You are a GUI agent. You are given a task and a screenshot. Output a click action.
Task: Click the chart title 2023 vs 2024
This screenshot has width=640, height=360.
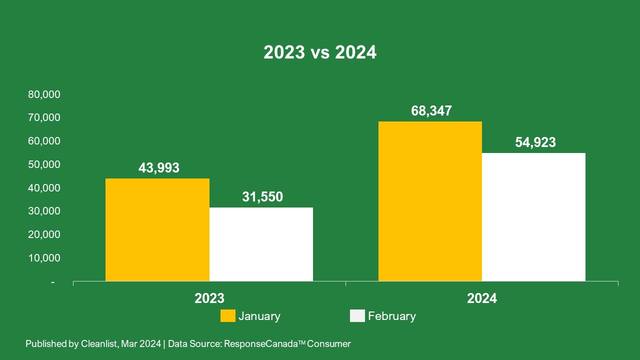tap(320, 52)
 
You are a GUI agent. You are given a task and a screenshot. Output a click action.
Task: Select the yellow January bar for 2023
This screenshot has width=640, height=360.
tap(157, 230)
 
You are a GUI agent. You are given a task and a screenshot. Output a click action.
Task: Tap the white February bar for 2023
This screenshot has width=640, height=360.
tap(261, 244)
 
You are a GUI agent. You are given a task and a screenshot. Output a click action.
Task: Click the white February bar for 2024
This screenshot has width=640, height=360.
tap(533, 217)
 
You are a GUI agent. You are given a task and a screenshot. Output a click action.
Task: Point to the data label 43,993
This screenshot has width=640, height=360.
tap(158, 168)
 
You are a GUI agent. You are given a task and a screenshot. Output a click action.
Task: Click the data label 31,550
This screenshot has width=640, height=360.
tap(262, 197)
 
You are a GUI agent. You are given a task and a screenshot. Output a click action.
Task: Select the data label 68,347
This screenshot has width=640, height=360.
tap(431, 111)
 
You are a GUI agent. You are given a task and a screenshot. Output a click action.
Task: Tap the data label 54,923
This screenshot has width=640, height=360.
tap(535, 142)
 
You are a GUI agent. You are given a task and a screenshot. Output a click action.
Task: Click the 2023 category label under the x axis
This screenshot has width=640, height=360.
tap(209, 298)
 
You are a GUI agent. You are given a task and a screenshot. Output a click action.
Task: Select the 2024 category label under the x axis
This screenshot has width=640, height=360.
tap(482, 298)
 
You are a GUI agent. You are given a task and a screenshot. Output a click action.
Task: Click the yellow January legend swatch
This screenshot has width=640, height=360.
tap(228, 316)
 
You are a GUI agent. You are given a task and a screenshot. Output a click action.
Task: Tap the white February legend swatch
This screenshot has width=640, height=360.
tap(357, 316)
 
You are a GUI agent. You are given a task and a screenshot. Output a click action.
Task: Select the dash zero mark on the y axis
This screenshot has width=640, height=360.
tap(52, 282)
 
